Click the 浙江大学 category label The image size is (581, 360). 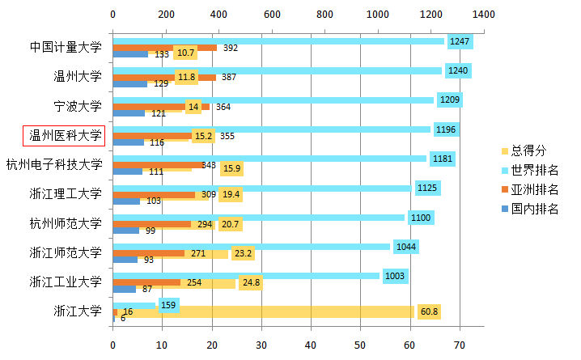point(78,311)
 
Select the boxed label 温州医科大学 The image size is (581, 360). point(66,135)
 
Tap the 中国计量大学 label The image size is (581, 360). point(66,47)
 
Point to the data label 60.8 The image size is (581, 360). point(428,311)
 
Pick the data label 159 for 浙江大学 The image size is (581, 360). point(168,305)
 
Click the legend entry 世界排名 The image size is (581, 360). point(535,170)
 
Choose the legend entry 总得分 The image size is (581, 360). point(530,150)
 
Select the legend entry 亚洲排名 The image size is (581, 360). point(535,189)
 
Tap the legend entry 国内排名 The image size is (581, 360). point(535,210)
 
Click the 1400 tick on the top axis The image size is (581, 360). point(484,15)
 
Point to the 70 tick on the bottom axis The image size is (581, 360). point(460,345)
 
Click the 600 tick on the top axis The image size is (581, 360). point(271,15)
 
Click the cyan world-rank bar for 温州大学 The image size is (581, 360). point(275,71)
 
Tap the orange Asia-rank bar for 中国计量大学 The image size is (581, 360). point(162,48)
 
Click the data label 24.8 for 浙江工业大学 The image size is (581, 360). point(250,282)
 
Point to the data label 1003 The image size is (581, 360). point(394,276)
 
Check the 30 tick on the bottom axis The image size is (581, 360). point(261,345)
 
